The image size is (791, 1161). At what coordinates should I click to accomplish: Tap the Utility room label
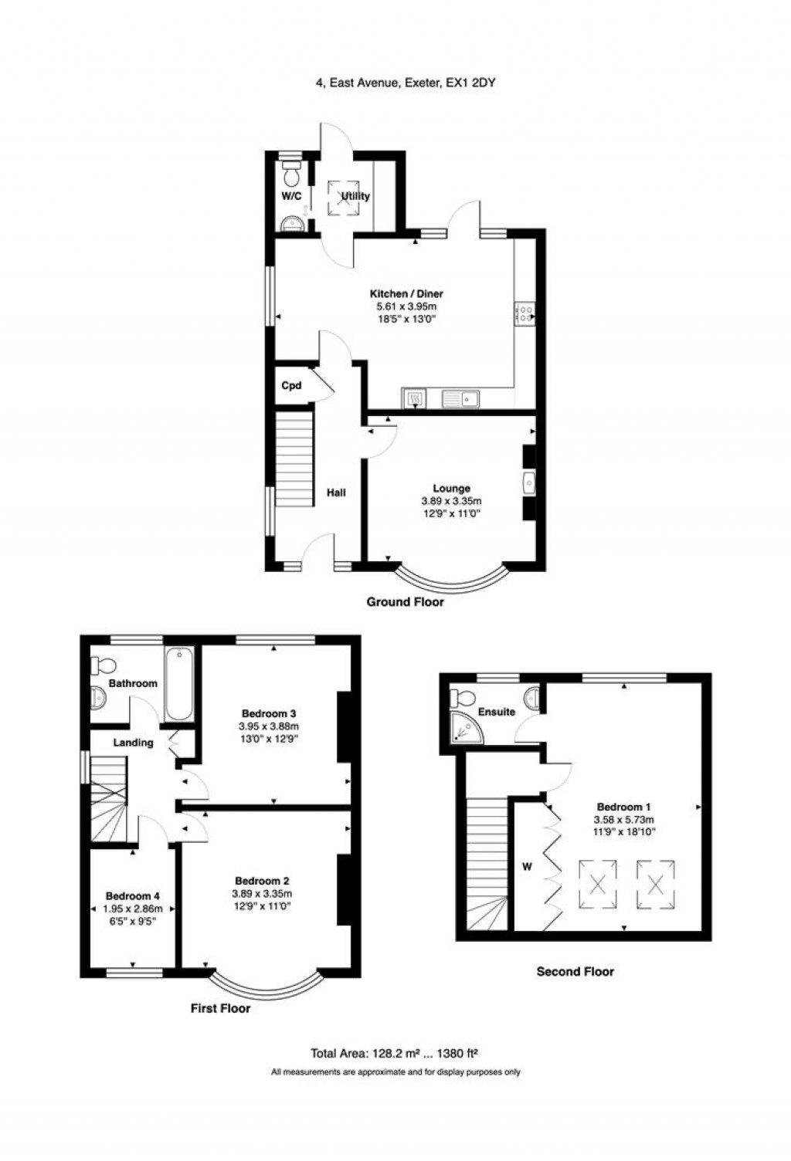point(355,196)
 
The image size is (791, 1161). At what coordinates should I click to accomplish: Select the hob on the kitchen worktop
point(525,313)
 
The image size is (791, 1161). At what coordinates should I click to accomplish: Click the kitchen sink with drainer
point(461,399)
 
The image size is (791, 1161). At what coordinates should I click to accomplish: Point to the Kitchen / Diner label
point(406,293)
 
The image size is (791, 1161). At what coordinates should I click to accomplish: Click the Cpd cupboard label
point(291,386)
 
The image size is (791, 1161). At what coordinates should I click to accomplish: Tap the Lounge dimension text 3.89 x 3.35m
point(451,501)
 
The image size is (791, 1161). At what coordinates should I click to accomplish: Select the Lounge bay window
point(451,580)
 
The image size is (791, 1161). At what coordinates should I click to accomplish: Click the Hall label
point(336,492)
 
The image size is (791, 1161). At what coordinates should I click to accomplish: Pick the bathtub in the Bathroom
point(179,684)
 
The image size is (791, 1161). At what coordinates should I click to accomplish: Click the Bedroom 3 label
point(269,714)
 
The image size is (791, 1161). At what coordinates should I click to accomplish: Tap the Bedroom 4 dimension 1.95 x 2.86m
point(133,908)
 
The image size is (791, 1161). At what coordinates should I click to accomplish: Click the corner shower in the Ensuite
point(467,727)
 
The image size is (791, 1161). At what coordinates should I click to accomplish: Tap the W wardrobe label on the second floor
point(527,866)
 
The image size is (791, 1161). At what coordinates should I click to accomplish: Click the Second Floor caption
point(575,971)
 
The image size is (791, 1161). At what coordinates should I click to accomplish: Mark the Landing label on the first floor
point(134,743)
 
